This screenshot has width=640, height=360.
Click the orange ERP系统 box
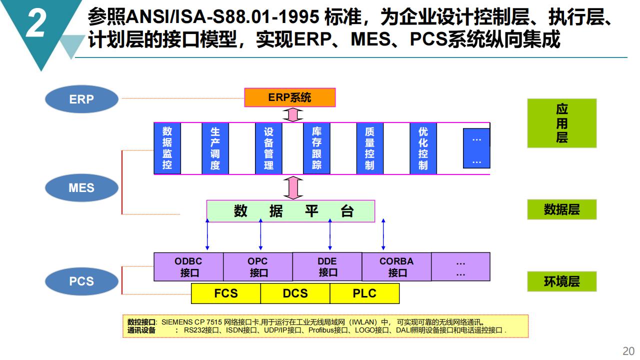click(289, 97)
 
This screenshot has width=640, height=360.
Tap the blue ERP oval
click(81, 99)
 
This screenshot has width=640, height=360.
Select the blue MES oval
click(81, 188)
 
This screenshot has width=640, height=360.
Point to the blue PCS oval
click(81, 281)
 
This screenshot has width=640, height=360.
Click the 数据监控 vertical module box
click(167, 148)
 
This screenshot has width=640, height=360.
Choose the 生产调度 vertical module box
click(215, 148)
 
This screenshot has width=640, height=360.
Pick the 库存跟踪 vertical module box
click(316, 148)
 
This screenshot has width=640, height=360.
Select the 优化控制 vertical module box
click(423, 148)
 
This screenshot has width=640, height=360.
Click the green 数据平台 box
click(290, 211)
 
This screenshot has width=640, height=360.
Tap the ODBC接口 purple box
click(188, 267)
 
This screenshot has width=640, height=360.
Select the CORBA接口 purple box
click(396, 267)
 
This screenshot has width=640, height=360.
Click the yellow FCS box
click(225, 293)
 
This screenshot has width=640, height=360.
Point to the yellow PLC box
click(364, 293)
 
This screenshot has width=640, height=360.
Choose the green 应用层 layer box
click(561, 123)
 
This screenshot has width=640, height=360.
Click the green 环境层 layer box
click(561, 281)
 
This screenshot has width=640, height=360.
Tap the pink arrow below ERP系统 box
click(293, 115)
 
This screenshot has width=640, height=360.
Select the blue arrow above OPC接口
click(260, 234)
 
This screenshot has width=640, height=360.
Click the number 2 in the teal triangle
click(36, 23)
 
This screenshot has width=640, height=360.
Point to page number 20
click(628, 351)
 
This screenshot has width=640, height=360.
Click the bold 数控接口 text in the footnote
click(141, 322)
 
